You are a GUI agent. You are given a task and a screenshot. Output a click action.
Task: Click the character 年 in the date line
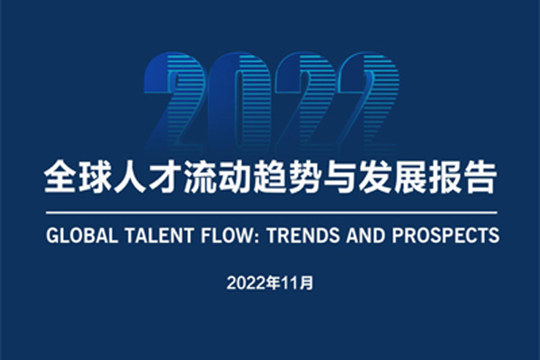pos(274,283)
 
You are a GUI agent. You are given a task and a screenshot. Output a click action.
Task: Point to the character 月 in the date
pos(307,283)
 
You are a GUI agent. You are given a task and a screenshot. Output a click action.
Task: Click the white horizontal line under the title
pos(272,213)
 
